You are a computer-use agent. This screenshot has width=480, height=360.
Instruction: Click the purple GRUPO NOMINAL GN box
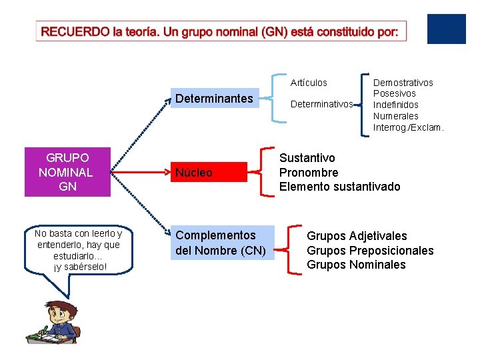[x=67, y=172]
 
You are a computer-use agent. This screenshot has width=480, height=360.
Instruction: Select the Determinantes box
[x=214, y=99]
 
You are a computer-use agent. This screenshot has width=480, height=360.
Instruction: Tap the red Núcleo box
[x=208, y=173]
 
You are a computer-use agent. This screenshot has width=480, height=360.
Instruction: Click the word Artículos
[x=309, y=83]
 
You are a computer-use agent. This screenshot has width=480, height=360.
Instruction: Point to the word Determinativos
[x=322, y=104]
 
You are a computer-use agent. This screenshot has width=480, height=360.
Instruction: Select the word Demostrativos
[x=403, y=83]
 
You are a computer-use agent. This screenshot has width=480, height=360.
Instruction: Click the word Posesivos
[x=394, y=93]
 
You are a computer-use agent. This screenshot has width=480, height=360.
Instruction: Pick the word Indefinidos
[x=396, y=105]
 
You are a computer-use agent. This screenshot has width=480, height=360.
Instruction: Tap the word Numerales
[x=395, y=116]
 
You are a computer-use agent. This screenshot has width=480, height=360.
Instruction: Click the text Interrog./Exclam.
[x=408, y=127]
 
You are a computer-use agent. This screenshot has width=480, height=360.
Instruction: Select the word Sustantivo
[x=307, y=158]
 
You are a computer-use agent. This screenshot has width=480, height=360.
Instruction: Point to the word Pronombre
[x=309, y=173]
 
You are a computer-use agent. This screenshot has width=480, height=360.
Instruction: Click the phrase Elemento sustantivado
[x=340, y=187]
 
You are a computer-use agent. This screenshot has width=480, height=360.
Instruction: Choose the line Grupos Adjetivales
[x=357, y=236]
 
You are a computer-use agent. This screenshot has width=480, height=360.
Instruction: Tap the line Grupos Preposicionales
[x=370, y=251]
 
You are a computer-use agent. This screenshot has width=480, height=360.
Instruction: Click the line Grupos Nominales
[x=356, y=265]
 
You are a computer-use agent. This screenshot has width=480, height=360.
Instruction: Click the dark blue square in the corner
[x=446, y=29]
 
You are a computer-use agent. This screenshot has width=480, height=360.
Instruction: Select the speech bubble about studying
[x=79, y=251]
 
